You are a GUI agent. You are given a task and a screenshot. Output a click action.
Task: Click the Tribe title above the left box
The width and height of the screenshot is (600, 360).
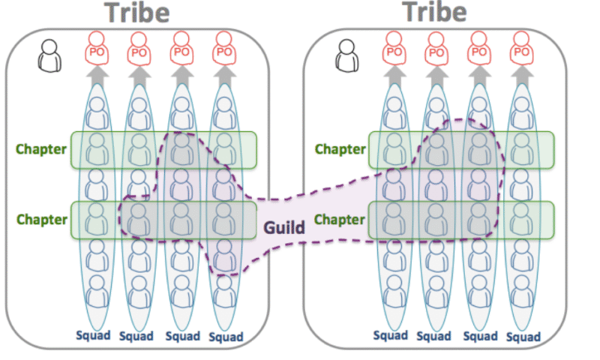137,13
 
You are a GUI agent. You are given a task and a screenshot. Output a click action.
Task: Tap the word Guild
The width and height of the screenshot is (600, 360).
285,226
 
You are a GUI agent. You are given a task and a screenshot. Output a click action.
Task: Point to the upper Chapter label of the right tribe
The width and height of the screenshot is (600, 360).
340,148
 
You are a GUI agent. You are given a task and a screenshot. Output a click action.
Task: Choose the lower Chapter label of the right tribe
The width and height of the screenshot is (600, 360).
340,220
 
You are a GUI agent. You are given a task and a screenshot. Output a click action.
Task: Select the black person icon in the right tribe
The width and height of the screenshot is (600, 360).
347,54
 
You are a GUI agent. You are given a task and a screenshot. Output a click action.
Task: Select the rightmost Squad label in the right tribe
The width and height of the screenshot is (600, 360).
523,337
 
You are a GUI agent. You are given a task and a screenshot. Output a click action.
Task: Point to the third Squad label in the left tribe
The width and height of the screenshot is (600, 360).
182,335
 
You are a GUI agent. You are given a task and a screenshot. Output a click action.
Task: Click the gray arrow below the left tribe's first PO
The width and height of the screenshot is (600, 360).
95,76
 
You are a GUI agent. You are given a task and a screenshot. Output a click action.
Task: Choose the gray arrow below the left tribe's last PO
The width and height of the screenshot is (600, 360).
223,76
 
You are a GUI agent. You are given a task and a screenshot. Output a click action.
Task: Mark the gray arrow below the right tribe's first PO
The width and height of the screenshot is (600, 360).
394,76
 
